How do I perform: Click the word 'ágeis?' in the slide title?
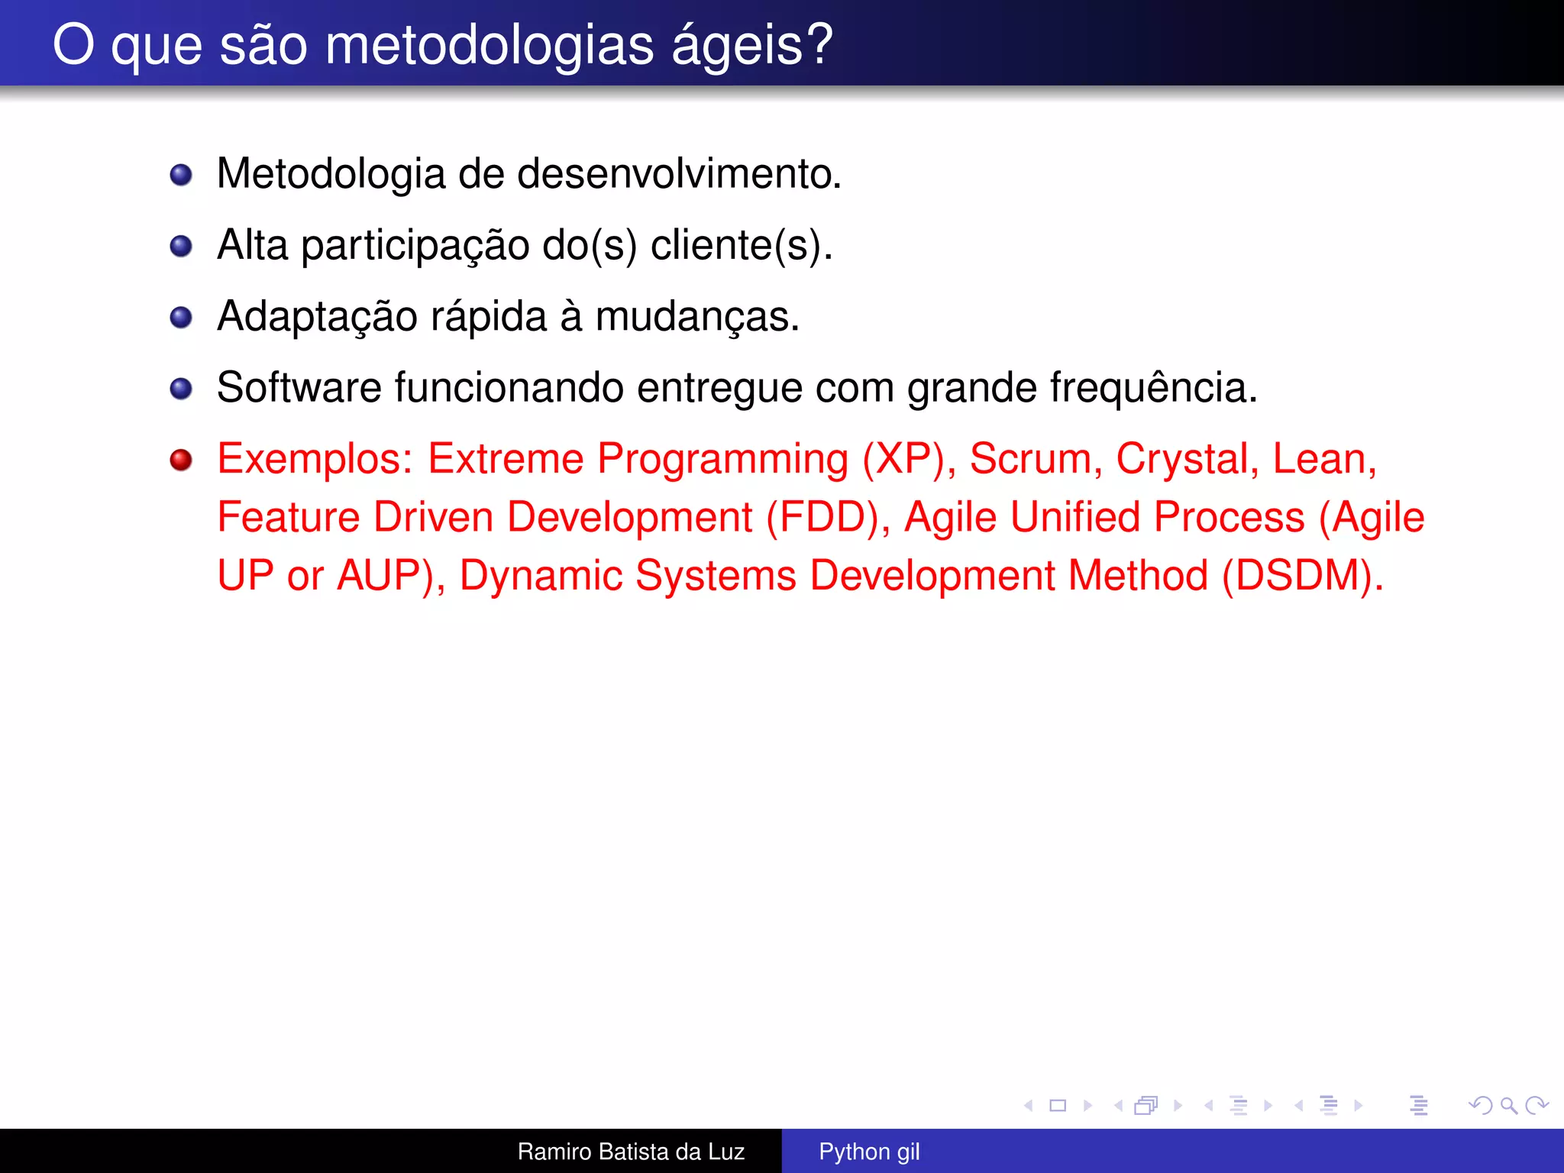(752, 46)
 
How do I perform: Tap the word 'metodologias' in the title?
(490, 46)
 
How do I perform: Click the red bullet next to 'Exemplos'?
(181, 460)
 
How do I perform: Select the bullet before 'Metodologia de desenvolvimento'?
(181, 175)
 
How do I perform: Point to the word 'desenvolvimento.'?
(679, 174)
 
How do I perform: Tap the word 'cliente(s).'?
(742, 246)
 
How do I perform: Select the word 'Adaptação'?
(317, 317)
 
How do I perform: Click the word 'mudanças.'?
(697, 317)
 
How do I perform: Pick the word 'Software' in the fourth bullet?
(299, 388)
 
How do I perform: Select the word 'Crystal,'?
(1188, 460)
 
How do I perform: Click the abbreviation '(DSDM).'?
(1303, 576)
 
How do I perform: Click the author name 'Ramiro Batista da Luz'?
(631, 1152)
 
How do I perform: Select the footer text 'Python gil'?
(869, 1152)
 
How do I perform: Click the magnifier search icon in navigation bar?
(1508, 1105)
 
